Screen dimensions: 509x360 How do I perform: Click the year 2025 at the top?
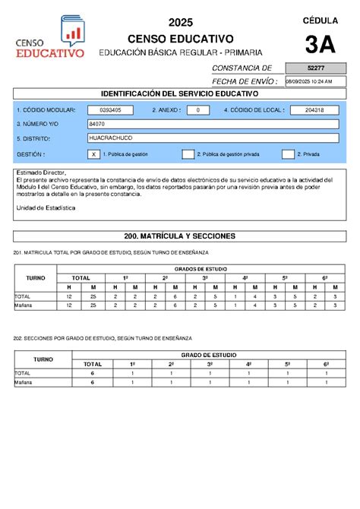[181, 22]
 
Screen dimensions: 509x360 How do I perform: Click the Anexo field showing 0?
[197, 109]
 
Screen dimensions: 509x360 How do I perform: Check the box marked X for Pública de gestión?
[93, 154]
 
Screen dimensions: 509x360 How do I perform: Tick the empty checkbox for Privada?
[288, 154]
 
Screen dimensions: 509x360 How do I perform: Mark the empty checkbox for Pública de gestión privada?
[188, 154]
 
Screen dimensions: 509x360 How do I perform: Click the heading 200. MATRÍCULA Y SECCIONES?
[180, 236]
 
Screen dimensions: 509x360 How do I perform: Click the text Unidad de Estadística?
[46, 207]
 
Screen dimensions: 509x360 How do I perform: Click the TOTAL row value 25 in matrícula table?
[92, 296]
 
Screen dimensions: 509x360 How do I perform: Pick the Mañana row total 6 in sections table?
[92, 383]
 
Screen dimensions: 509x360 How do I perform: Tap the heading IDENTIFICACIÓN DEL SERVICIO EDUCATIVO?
[180, 93]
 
